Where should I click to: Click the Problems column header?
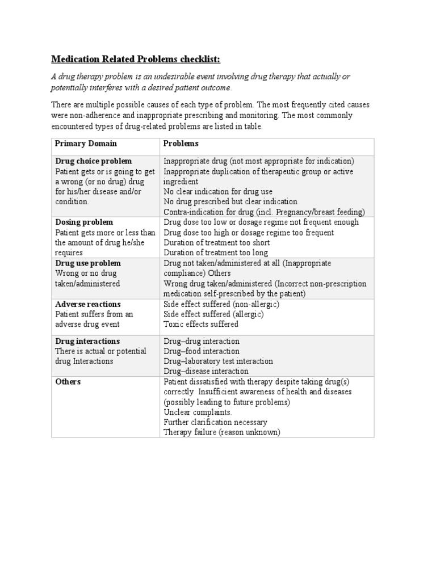tap(181, 144)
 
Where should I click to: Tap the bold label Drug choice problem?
tap(93, 161)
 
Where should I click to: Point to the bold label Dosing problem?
tap(83, 222)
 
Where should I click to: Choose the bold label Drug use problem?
tap(87, 263)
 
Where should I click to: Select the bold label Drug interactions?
tap(87, 341)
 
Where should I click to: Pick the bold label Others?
tap(68, 382)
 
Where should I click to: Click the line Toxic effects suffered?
tap(201, 325)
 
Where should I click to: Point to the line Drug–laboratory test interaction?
tap(218, 361)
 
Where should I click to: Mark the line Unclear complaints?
tap(198, 412)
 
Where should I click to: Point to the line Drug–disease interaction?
tap(206, 372)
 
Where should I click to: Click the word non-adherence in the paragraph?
tap(96, 115)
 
